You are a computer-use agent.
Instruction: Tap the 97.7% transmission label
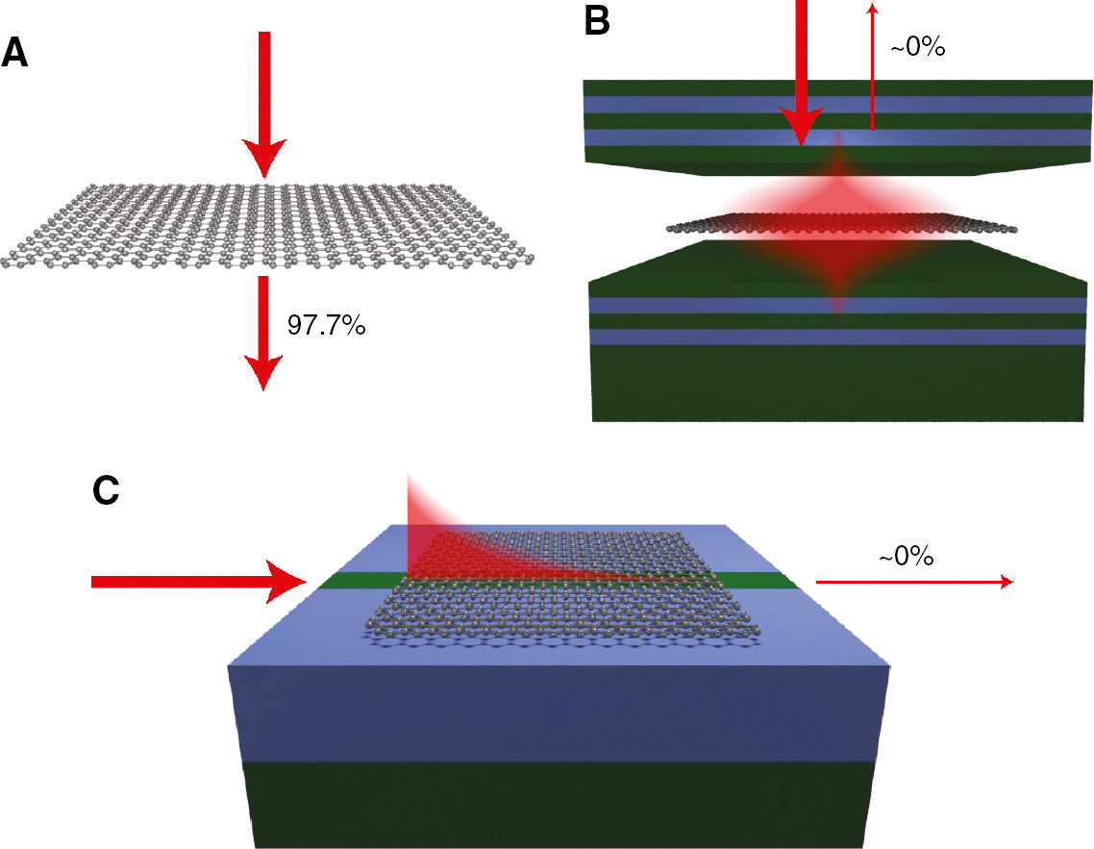pos(326,326)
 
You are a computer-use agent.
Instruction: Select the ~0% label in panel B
pos(918,46)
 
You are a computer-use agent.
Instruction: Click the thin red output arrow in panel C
pos(913,582)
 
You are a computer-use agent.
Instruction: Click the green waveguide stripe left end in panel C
pos(332,582)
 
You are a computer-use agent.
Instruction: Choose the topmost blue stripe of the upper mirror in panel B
pos(836,105)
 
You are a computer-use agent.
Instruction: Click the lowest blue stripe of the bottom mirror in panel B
pos(836,337)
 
